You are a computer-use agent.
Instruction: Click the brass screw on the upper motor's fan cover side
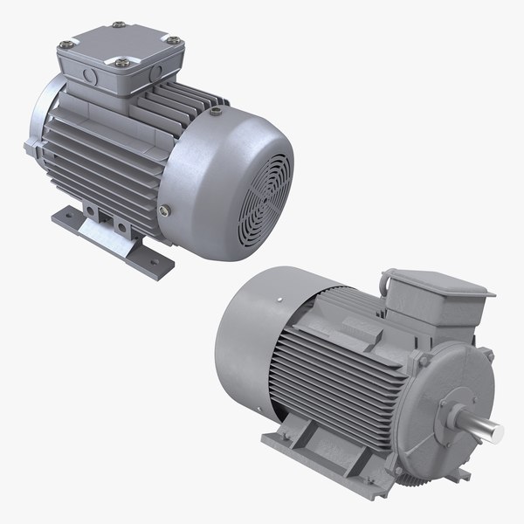tap(166, 209)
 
